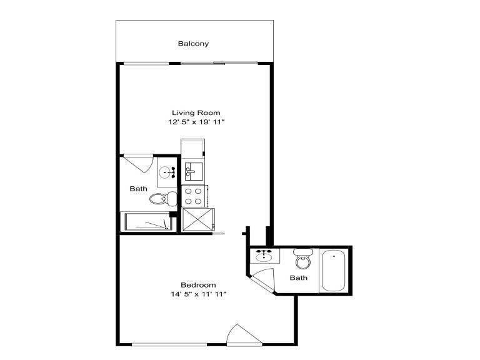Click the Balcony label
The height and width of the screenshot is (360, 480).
[193, 44]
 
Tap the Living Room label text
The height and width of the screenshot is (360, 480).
[196, 112]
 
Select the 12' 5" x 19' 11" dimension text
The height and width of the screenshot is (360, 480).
[196, 122]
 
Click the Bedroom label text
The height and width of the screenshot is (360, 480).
[198, 285]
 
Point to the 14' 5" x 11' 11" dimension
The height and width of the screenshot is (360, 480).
[198, 294]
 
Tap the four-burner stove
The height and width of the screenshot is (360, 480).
[195, 196]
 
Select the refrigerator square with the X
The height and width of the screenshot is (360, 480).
[198, 219]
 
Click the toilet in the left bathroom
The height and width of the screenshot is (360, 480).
[163, 199]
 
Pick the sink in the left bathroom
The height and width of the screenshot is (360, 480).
[167, 172]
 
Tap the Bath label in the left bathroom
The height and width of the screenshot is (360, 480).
[138, 189]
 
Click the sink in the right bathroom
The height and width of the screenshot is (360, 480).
[264, 256]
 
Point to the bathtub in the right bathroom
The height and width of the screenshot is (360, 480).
[333, 271]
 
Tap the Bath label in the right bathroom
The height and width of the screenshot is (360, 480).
[299, 278]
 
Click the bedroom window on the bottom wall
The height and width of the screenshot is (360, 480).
[169, 345]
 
